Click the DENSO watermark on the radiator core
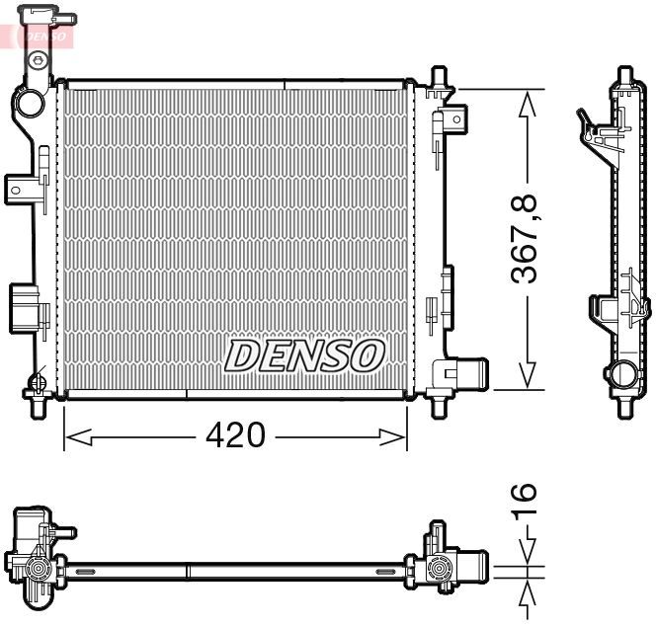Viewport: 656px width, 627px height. pos(304,354)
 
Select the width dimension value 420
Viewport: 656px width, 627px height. pos(236,435)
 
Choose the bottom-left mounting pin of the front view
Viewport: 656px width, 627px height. pos(40,406)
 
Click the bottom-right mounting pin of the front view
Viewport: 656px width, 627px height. pos(440,406)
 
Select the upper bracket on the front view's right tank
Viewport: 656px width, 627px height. pos(451,119)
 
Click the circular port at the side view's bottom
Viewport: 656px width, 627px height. pos(623,375)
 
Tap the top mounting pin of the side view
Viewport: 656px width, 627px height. pos(624,76)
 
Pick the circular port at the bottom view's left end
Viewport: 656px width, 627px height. pos(39,570)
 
